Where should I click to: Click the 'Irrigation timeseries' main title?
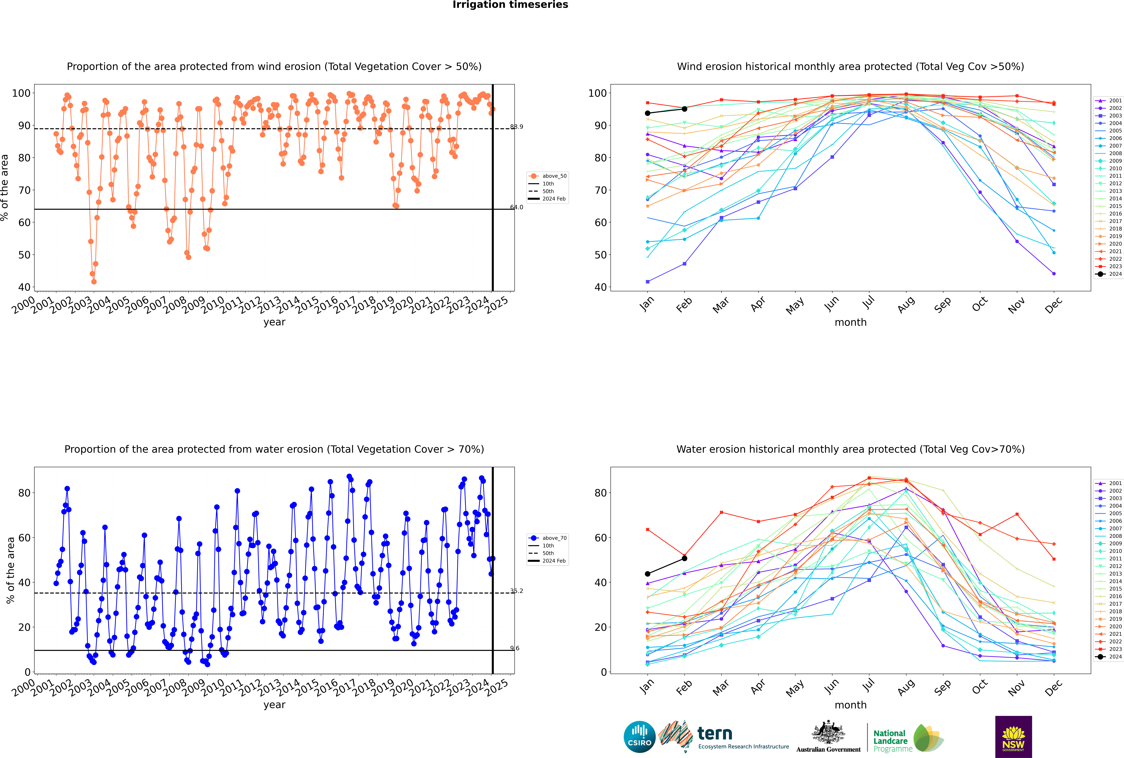(510, 5)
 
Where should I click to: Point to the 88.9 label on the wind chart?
(517, 127)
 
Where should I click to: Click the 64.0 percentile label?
(517, 207)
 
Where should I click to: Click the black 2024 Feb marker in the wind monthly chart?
(684, 109)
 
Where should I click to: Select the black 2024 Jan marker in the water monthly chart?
(648, 574)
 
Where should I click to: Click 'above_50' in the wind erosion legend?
(554, 176)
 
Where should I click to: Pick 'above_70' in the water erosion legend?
(554, 538)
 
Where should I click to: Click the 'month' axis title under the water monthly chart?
(850, 705)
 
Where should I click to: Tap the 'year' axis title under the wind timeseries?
(274, 322)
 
